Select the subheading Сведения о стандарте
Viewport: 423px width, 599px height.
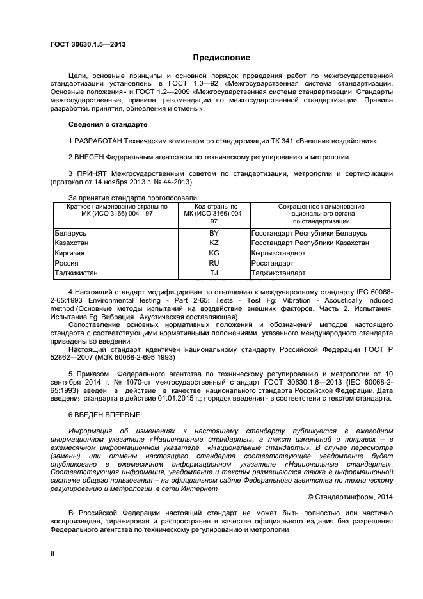tap(107, 124)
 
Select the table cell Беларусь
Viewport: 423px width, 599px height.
tap(70, 233)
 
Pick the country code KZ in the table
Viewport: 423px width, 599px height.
tap(214, 243)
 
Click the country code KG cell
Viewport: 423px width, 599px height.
tap(214, 253)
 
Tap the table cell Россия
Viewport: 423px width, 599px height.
tap(67, 263)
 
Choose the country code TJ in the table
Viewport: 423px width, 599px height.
tap(214, 273)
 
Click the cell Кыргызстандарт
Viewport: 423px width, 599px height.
tap(278, 253)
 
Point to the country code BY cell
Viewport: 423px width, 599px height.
tap(214, 233)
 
